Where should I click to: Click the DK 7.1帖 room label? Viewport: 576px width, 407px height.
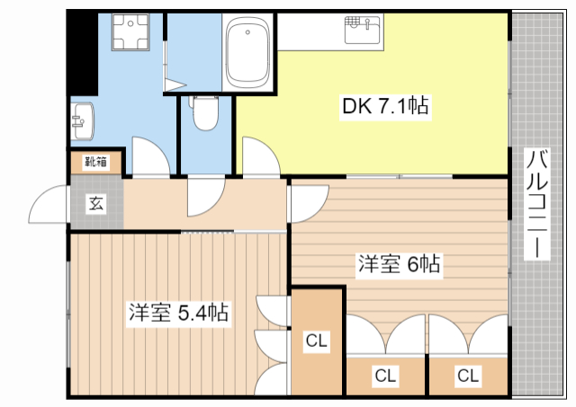point(385,107)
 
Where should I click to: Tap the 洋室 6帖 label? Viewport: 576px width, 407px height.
point(400,263)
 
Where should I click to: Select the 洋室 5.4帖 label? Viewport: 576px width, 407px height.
point(178,313)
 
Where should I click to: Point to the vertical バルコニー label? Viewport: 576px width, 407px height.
point(536,204)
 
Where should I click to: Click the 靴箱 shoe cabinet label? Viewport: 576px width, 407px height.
point(96,162)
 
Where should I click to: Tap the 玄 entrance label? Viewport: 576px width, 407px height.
point(96,203)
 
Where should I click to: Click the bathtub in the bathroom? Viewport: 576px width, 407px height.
point(247,52)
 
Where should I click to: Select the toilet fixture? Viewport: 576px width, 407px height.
point(205,113)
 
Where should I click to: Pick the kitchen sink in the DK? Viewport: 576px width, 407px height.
point(363,30)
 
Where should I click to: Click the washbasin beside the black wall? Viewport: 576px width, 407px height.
point(82,121)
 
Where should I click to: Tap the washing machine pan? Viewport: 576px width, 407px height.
point(130,32)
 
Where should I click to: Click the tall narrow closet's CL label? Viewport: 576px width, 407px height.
point(316,341)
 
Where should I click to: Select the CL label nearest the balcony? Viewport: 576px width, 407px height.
point(468,376)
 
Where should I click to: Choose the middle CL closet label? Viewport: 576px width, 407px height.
point(385,376)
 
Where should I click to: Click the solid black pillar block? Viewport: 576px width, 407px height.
point(82,54)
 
